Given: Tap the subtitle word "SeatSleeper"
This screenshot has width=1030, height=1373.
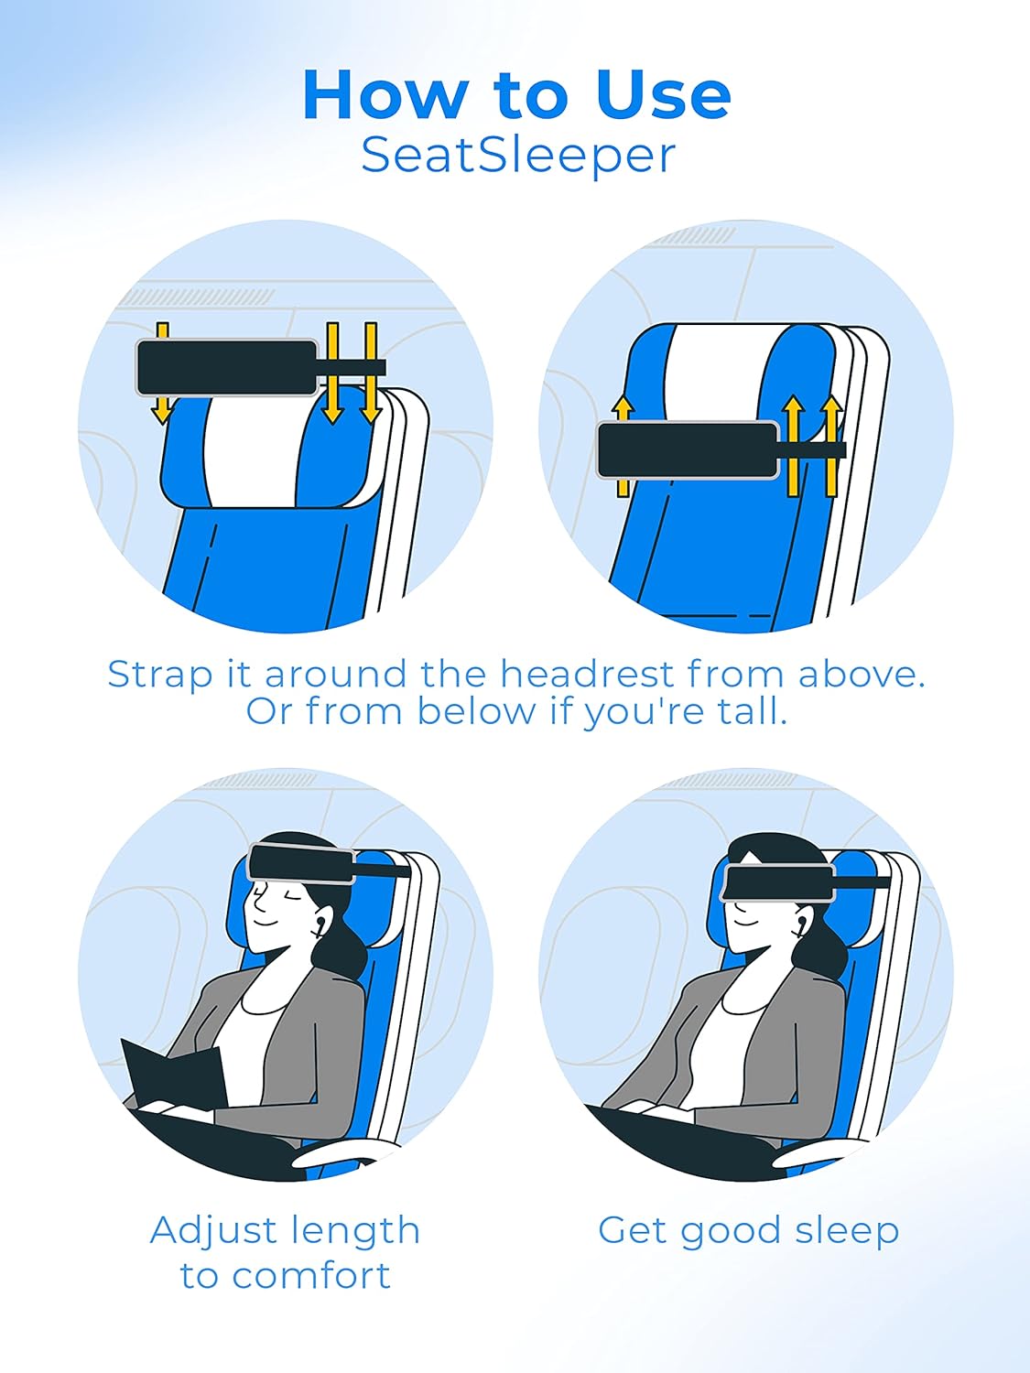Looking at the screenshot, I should (x=518, y=155).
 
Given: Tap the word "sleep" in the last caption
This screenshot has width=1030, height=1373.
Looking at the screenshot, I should (x=847, y=1230).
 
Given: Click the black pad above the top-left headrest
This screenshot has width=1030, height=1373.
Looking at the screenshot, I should (x=227, y=368).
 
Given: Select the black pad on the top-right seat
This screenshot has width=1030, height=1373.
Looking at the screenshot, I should (x=688, y=450).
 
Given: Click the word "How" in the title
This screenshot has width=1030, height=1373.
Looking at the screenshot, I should (x=385, y=94).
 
